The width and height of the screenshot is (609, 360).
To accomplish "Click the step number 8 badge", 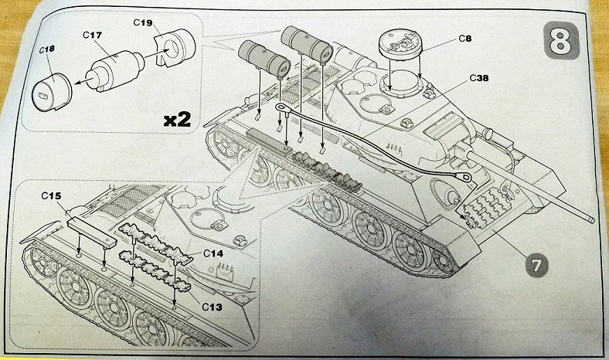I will point(568,39).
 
